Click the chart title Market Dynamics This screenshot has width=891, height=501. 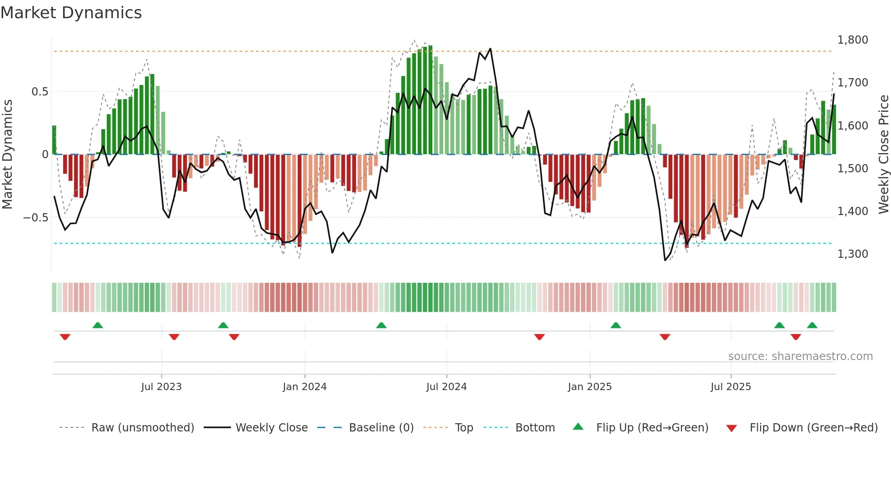(71, 13)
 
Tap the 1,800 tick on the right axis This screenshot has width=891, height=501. (852, 40)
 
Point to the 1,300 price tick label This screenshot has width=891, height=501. (852, 254)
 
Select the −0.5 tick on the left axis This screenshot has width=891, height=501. (35, 218)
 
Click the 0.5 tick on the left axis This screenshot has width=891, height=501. (40, 92)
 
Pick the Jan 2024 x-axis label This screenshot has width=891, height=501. (305, 387)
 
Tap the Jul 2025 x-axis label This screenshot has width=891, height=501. (731, 387)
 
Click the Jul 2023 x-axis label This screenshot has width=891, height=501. (161, 387)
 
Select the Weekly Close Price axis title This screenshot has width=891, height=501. (883, 154)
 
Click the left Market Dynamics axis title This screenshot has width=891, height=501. (7, 154)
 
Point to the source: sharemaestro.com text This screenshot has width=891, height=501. (800, 356)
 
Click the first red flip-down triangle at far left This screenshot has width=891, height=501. (65, 337)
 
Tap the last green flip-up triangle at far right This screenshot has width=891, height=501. (812, 325)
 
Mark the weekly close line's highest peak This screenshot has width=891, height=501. (490, 49)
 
